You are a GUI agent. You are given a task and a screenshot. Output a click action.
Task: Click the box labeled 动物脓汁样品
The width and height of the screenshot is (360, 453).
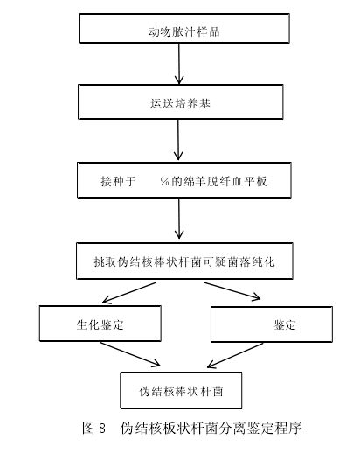(184, 28)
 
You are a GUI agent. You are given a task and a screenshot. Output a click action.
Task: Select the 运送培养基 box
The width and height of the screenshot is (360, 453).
(181, 101)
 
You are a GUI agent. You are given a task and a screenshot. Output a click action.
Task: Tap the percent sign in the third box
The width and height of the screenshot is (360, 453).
(164, 181)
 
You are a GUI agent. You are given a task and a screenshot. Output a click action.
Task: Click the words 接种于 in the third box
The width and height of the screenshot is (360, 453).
(118, 181)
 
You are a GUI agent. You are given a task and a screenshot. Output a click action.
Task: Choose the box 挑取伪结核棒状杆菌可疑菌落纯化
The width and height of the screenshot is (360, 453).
(184, 261)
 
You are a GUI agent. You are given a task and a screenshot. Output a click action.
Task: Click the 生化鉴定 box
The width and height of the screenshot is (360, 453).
(100, 324)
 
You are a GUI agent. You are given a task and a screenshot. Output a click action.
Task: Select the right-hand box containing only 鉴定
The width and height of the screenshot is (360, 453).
(272, 324)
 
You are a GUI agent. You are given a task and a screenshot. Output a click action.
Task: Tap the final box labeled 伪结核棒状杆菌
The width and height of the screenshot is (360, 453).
(181, 390)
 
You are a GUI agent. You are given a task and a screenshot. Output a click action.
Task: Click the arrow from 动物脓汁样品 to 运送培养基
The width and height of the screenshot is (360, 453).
(179, 64)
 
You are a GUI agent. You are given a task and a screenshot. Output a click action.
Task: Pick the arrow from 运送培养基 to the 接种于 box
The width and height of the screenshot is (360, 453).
(178, 140)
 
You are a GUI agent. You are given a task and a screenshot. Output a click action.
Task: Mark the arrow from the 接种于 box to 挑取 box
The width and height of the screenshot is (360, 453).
(179, 219)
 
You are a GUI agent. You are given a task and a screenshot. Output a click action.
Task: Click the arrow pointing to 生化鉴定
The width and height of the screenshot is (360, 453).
(129, 293)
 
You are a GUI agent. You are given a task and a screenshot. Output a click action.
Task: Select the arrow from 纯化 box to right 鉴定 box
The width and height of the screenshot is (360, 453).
(232, 291)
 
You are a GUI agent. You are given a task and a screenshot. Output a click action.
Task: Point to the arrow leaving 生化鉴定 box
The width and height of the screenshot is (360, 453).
(130, 354)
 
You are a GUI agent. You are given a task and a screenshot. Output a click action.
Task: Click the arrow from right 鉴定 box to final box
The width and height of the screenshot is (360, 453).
(235, 355)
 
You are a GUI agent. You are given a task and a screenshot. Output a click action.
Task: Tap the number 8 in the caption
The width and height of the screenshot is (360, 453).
(102, 429)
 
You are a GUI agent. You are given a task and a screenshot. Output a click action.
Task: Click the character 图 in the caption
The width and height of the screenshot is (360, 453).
(88, 428)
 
